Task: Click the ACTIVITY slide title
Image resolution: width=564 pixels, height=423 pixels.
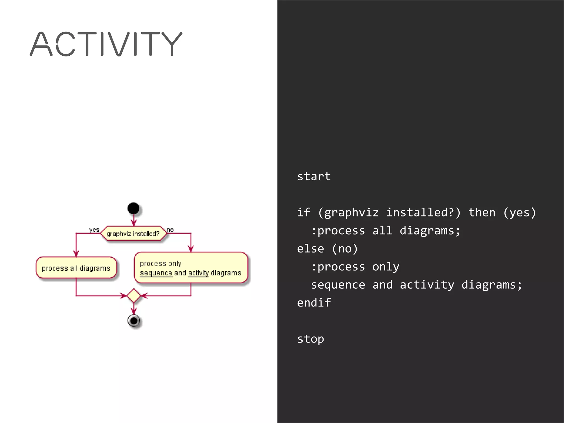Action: (106, 44)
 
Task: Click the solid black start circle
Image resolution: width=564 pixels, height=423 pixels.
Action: (134, 208)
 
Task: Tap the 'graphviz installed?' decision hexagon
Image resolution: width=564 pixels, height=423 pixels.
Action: (134, 234)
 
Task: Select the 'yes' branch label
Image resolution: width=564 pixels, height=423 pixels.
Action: (94, 230)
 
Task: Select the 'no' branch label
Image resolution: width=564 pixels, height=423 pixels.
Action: (170, 230)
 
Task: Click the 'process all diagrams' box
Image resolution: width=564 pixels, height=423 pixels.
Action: (76, 268)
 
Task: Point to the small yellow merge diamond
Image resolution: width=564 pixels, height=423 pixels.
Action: (134, 295)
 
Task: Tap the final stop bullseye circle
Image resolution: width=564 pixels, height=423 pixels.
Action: (134, 321)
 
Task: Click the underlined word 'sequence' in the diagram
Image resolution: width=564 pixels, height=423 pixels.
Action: (156, 273)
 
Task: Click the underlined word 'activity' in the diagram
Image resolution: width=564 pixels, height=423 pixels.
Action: (199, 273)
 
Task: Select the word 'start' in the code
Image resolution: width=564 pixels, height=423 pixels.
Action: (314, 177)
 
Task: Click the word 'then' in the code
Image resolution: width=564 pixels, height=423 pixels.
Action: (482, 213)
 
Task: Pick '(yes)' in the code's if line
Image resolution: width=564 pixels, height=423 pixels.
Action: (519, 213)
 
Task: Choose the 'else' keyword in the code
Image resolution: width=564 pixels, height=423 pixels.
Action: (310, 249)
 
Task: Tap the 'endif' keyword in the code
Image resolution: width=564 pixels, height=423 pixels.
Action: (314, 303)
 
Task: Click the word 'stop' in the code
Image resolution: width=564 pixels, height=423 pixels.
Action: (310, 339)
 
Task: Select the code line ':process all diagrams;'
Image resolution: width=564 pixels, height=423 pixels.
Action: (386, 231)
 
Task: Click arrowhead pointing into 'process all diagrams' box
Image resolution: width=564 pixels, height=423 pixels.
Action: (76, 253)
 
